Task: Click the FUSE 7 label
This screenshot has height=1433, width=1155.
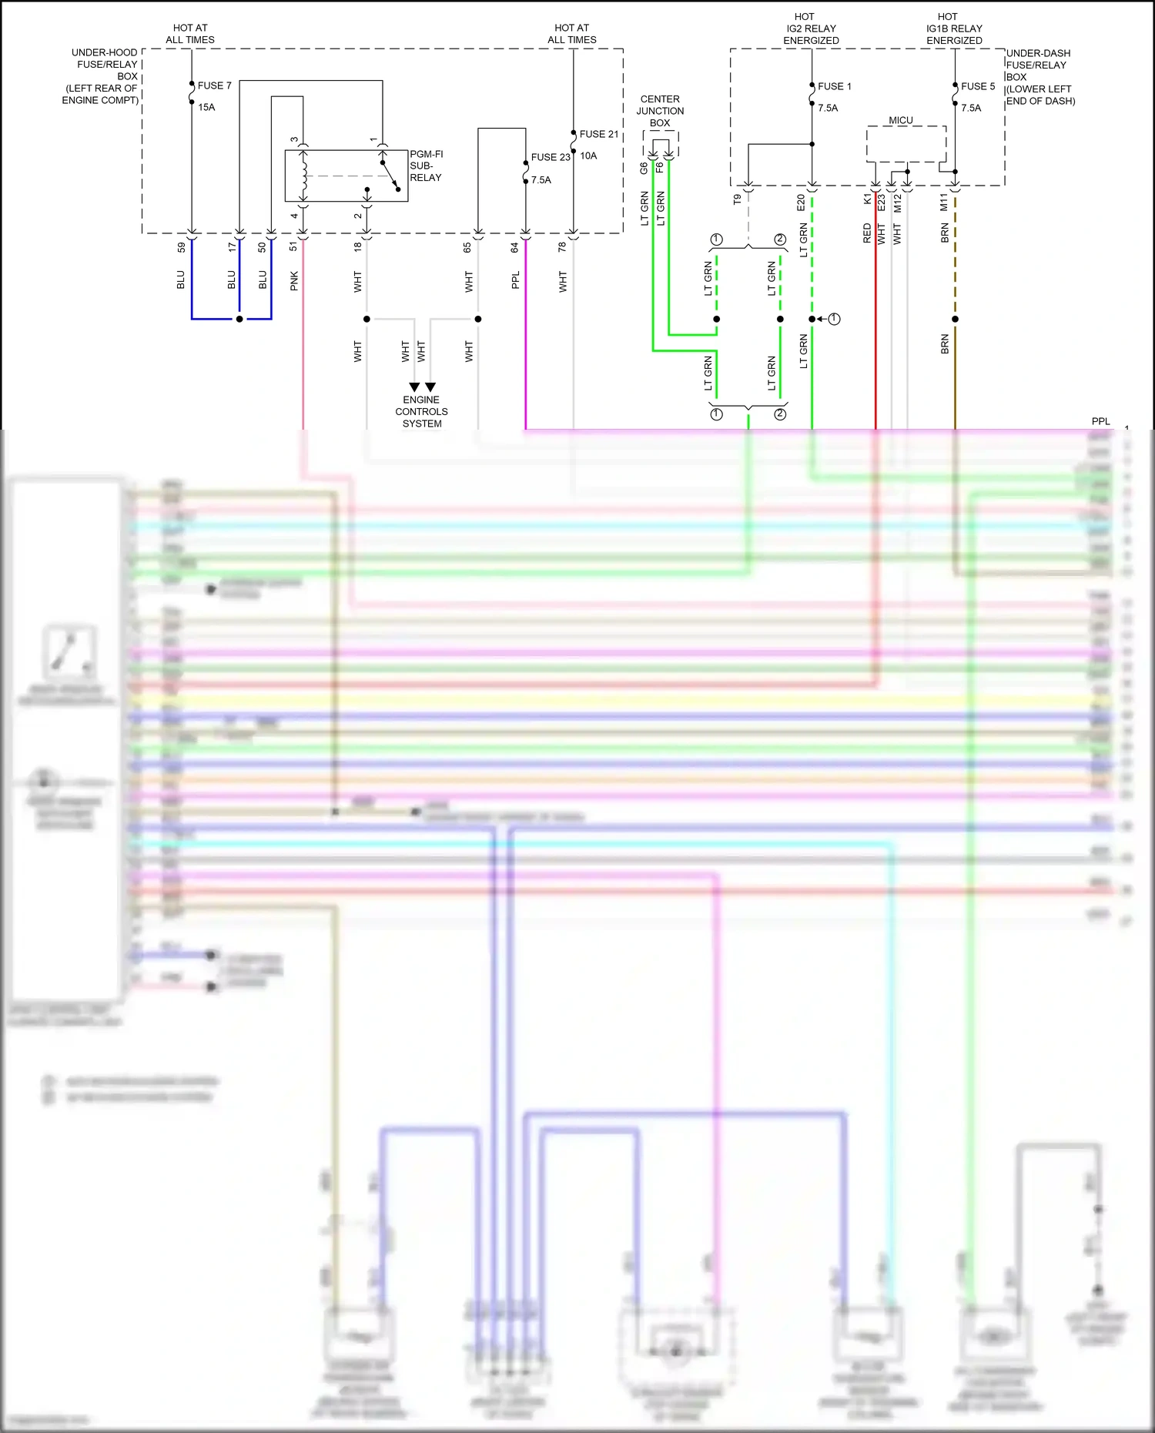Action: [214, 85]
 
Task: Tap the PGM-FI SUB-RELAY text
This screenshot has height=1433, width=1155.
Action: [426, 166]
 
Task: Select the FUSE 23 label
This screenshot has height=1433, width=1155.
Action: [550, 157]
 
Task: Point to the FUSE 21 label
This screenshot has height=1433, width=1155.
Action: [598, 134]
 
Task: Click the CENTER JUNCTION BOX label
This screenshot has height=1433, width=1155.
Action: [660, 111]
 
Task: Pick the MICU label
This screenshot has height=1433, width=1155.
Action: [900, 120]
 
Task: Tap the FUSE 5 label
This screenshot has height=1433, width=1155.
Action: [977, 86]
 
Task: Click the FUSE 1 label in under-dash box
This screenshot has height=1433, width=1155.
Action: [834, 86]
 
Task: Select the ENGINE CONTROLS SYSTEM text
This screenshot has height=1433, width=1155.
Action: [421, 411]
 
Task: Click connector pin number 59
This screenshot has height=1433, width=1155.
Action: [182, 247]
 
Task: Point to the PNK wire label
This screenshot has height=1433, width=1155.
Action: [294, 281]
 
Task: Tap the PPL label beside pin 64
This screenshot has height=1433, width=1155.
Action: [515, 280]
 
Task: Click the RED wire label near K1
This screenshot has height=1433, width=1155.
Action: [867, 233]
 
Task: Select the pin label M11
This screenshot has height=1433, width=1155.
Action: [944, 203]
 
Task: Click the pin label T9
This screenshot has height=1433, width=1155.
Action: [737, 199]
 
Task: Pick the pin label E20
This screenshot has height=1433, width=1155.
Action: [801, 203]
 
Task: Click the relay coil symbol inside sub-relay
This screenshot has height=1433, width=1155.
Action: [304, 176]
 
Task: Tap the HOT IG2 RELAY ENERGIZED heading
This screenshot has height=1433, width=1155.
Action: [811, 28]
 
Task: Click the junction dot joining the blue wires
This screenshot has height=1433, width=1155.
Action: [239, 319]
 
